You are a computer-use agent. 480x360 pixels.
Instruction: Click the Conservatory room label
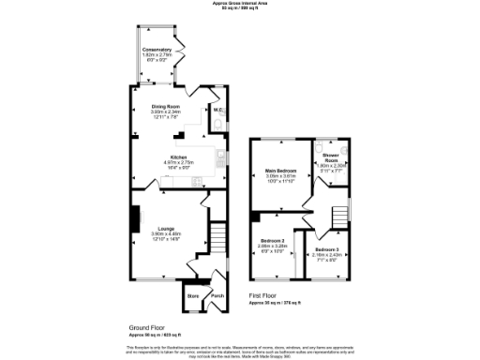click(x=157, y=49)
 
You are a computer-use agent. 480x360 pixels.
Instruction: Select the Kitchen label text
click(x=178, y=157)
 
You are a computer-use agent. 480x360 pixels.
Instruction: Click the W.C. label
click(x=217, y=111)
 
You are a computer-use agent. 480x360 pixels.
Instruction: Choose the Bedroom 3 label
click(x=330, y=247)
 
